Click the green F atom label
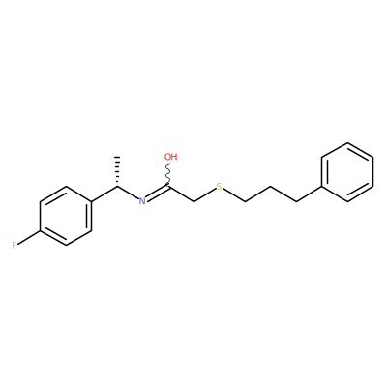(15, 246)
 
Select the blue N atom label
(142, 201)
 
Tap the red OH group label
(171, 157)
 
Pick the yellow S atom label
(220, 187)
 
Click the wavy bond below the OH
(168, 174)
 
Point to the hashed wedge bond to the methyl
(117, 171)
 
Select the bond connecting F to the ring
(28, 237)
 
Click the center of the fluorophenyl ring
(66, 216)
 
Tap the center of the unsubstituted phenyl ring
(347, 172)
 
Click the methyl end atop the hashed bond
(117, 157)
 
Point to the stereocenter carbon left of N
(117, 187)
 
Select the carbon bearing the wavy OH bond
(168, 187)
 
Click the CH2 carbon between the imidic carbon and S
(193, 201)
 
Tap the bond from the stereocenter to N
(128, 193)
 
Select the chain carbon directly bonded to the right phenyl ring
(296, 201)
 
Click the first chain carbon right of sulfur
(245, 201)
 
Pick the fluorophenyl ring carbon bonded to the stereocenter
(92, 201)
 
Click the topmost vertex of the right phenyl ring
(347, 142)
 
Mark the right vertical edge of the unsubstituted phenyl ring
(373, 172)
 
